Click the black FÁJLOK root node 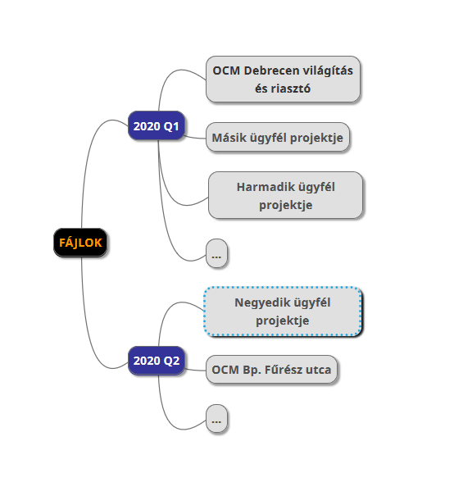point(80,243)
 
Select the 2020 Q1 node point(157,125)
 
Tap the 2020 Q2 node point(157,361)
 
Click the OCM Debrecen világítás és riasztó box point(283,79)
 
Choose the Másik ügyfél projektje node point(278,137)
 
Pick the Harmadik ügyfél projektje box point(285,195)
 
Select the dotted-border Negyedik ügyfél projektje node point(283,311)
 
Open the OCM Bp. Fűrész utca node point(271,369)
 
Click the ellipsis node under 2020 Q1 point(216,253)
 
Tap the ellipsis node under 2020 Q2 point(216,418)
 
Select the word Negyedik point(260,302)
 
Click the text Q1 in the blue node point(171,126)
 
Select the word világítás point(328,71)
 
